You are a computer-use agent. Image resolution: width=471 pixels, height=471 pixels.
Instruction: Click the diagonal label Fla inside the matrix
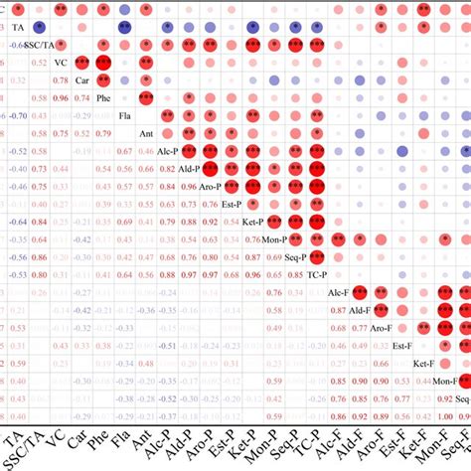tap(124, 116)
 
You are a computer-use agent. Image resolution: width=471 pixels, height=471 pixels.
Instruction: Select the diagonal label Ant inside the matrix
tap(145, 134)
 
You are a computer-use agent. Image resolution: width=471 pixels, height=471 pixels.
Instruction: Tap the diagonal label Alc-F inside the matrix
tap(338, 292)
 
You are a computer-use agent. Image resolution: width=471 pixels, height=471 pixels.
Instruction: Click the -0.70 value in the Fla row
tap(17, 116)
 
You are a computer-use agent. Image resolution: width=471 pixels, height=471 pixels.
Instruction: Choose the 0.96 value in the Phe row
tap(61, 98)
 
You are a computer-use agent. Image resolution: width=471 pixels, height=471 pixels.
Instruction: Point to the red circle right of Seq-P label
tap(317, 256)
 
